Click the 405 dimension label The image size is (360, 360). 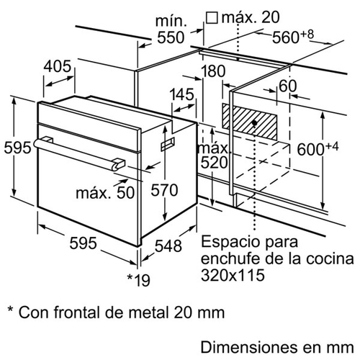click(58, 66)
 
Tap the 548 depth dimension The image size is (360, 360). click(168, 246)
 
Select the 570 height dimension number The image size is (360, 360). click(164, 190)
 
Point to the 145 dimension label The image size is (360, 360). click(181, 94)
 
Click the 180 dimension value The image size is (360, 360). click(213, 71)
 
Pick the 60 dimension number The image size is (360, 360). click(288, 86)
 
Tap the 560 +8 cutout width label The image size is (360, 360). click(293, 37)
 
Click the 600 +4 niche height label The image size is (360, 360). click(318, 148)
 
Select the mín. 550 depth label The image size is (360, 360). click(171, 30)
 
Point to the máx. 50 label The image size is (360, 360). click(105, 192)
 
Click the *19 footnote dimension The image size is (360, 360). click(138, 280)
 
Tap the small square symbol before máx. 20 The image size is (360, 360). click(212, 18)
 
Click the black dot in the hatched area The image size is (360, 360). click(254, 123)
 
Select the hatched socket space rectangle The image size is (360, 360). click(250, 122)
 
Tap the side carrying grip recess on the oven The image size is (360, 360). click(168, 144)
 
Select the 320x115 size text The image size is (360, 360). click(233, 275)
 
